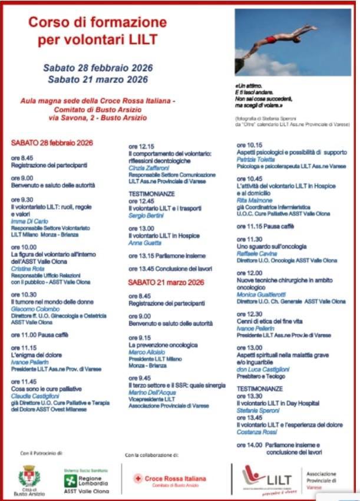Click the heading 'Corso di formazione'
point(98,23)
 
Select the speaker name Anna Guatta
point(144,243)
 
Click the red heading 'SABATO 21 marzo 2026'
point(166,283)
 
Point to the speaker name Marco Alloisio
point(147,352)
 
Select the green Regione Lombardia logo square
point(70,480)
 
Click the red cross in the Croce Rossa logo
point(138,479)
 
